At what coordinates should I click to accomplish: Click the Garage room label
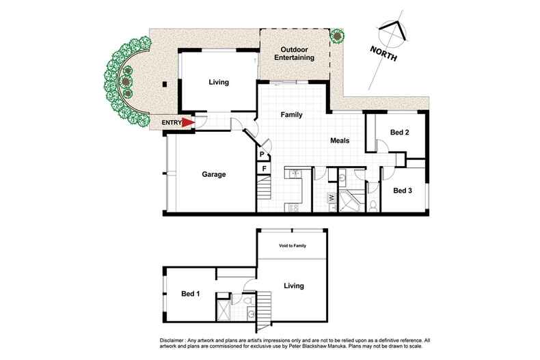(x=213, y=174)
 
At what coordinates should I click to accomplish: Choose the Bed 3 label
(x=403, y=191)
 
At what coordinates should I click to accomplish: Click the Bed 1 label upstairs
(x=191, y=293)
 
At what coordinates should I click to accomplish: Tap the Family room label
(x=292, y=115)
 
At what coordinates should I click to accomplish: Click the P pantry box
(x=262, y=155)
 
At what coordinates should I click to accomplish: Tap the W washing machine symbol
(x=332, y=198)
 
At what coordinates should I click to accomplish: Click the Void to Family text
(x=291, y=245)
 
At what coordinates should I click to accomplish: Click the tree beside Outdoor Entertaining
(x=337, y=35)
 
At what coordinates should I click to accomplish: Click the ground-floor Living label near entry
(x=218, y=83)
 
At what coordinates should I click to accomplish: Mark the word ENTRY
(x=171, y=123)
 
